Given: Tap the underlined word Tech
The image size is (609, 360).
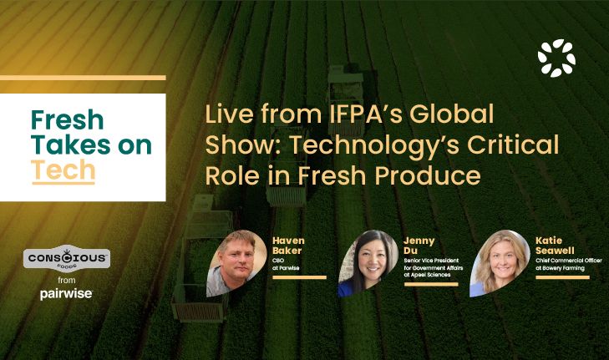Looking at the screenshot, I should point(63,170).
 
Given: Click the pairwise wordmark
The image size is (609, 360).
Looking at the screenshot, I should point(66,293).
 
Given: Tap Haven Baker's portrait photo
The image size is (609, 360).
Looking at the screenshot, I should point(236,261).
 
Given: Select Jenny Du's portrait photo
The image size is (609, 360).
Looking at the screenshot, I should point(368,262).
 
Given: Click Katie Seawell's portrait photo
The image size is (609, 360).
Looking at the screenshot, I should point(500,262).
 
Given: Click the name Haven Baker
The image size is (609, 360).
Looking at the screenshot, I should point(289,246).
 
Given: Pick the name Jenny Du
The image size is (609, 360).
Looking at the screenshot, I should point(417,245).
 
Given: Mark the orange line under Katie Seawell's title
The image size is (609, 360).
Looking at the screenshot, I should point(562,277).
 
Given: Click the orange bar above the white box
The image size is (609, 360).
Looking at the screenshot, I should point(83,78).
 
